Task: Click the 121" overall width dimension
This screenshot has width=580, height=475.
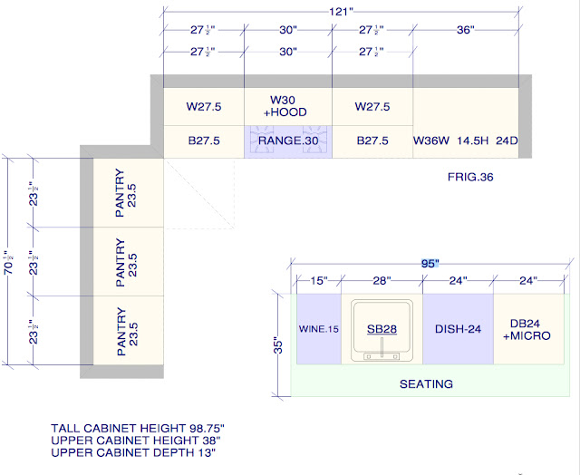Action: [341, 12]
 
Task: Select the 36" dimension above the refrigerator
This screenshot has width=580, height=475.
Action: [465, 30]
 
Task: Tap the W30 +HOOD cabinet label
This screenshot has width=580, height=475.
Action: [285, 106]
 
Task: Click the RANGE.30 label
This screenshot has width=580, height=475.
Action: [288, 141]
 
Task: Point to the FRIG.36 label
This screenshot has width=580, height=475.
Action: [470, 177]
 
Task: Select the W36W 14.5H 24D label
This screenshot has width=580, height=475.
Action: [465, 141]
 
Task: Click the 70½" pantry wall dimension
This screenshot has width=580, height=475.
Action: [9, 262]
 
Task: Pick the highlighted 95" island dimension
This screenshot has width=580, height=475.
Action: [430, 264]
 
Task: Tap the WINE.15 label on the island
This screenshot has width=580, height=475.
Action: [318, 329]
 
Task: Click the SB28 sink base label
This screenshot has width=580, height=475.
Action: [382, 329]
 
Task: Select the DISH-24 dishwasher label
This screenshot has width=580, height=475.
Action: [458, 329]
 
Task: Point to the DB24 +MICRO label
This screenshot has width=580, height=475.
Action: [527, 329]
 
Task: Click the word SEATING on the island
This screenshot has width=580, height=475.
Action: [426, 384]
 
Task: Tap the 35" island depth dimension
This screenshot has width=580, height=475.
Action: [278, 345]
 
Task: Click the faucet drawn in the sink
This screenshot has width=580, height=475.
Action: [382, 348]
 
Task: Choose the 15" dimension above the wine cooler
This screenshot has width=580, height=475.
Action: [318, 281]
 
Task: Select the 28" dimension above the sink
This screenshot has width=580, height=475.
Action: [382, 281]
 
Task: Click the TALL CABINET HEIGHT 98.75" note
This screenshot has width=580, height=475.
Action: [138, 429]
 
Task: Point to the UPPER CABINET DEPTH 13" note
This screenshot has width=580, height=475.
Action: [133, 452]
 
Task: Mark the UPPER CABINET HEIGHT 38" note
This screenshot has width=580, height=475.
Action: [136, 441]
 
